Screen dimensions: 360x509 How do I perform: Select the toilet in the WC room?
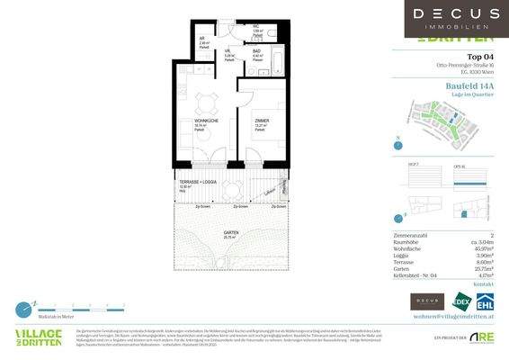coord(278,31)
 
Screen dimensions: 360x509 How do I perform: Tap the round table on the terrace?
coord(232,190)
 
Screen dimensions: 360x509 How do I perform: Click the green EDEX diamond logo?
coord(460,302)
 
